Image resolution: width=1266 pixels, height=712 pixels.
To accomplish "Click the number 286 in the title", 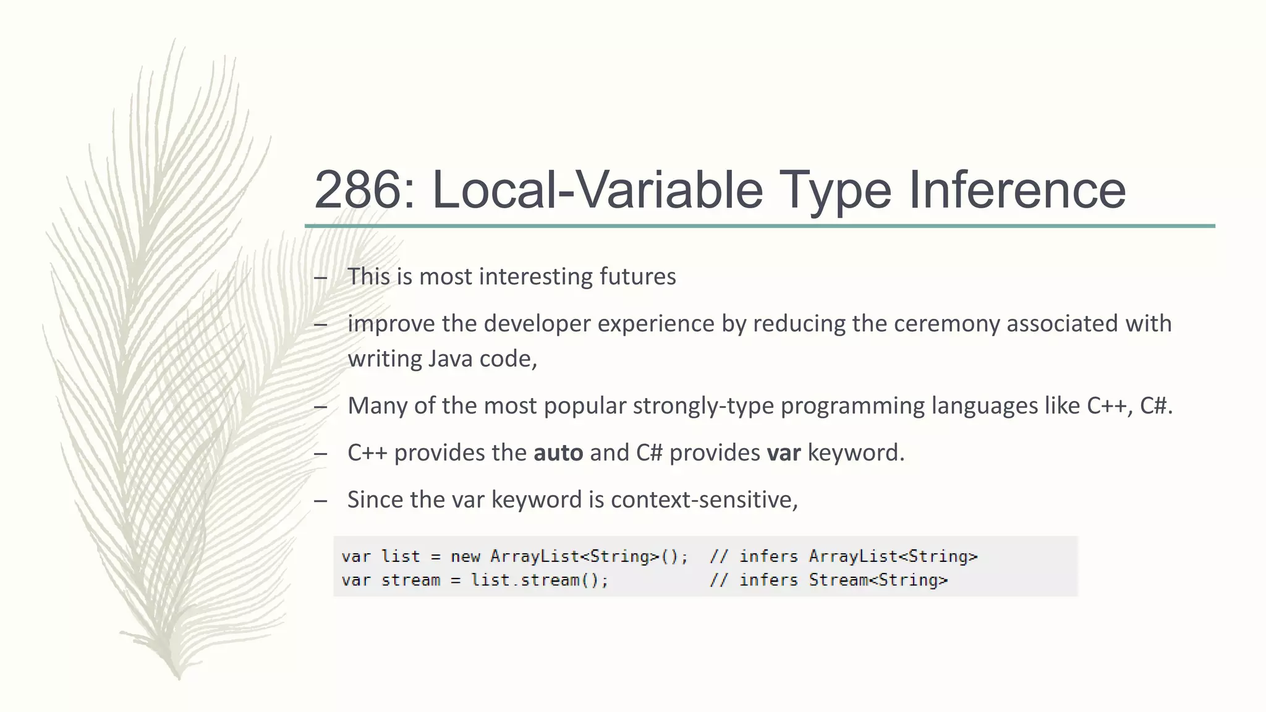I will [x=359, y=190].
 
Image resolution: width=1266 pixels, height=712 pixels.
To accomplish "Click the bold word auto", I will [x=558, y=452].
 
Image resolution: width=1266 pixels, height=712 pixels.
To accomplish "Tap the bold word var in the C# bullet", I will [x=783, y=452].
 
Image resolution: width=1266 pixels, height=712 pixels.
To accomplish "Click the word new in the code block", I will [x=465, y=556].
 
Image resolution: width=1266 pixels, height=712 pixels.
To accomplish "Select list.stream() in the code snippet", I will [x=539, y=580].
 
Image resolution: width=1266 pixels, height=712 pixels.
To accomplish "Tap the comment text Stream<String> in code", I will [x=878, y=580].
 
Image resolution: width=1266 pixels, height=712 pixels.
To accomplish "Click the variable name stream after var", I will [x=410, y=580].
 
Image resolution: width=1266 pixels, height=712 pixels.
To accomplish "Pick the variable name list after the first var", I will [x=401, y=556].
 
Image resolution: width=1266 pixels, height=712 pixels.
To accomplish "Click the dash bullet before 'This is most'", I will [x=320, y=278].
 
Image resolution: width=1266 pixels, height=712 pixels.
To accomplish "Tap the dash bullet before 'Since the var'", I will [x=320, y=501].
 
